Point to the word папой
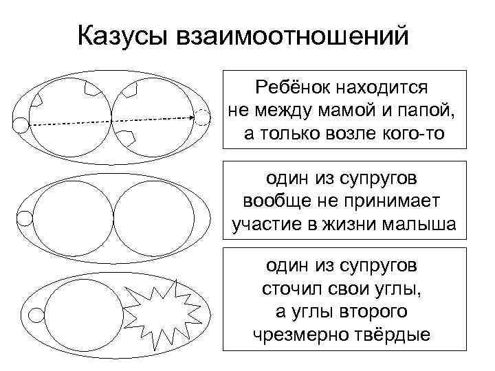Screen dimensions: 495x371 coord(419,111)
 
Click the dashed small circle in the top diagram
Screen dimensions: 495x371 coord(202,117)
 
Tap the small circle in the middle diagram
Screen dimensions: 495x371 coord(24,218)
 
